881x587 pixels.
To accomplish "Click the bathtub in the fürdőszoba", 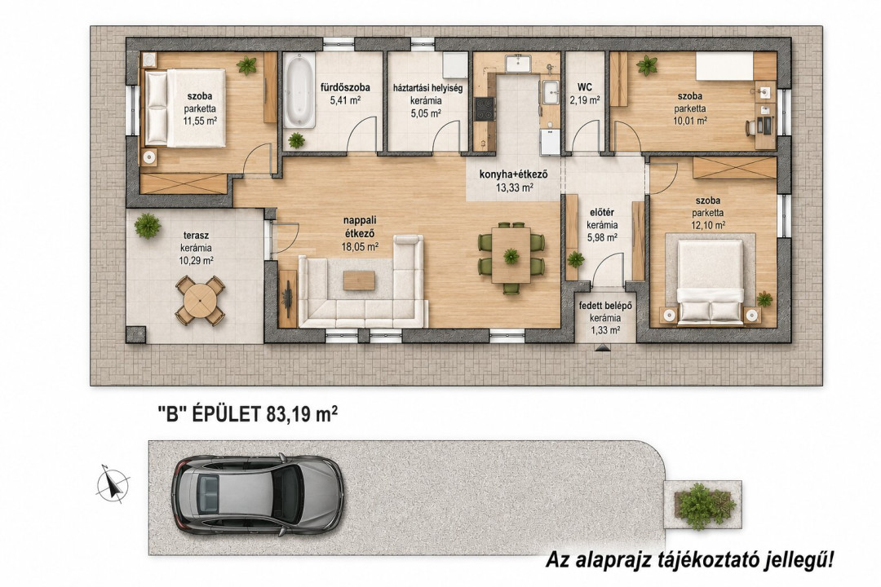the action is pos(299,90).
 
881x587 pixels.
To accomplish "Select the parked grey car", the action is pos(257,494).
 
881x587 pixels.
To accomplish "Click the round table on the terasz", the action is pos(200,300).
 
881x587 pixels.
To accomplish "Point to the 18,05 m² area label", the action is pos(360,246).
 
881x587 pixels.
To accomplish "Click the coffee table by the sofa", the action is pos(359,280).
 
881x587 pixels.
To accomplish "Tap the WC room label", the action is pos(585,87).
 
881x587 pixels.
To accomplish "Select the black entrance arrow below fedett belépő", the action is pos(602,348).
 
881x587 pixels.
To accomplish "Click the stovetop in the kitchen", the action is pos(485,108).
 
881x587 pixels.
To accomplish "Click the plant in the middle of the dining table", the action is pos(511,256).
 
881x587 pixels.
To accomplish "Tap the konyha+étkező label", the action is pos(514,174).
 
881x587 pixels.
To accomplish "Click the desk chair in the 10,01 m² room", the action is pos(751,128).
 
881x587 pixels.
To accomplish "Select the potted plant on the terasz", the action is pos(147,226).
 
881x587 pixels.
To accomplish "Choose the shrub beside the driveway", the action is pos(703,505).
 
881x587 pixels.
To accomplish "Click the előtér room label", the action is pos(602,212).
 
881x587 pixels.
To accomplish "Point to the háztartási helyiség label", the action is pos(428,88).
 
